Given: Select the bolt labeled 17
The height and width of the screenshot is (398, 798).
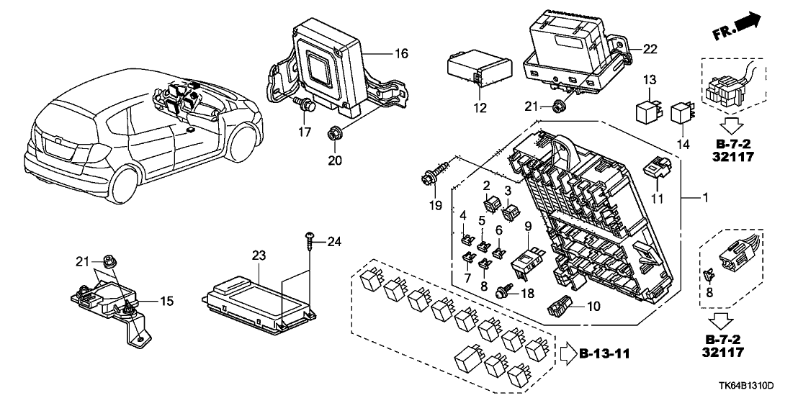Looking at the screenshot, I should click(x=308, y=106).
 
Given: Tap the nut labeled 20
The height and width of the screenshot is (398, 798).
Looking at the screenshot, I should click(x=333, y=134).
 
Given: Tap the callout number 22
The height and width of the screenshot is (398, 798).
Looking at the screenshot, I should click(x=650, y=48).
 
